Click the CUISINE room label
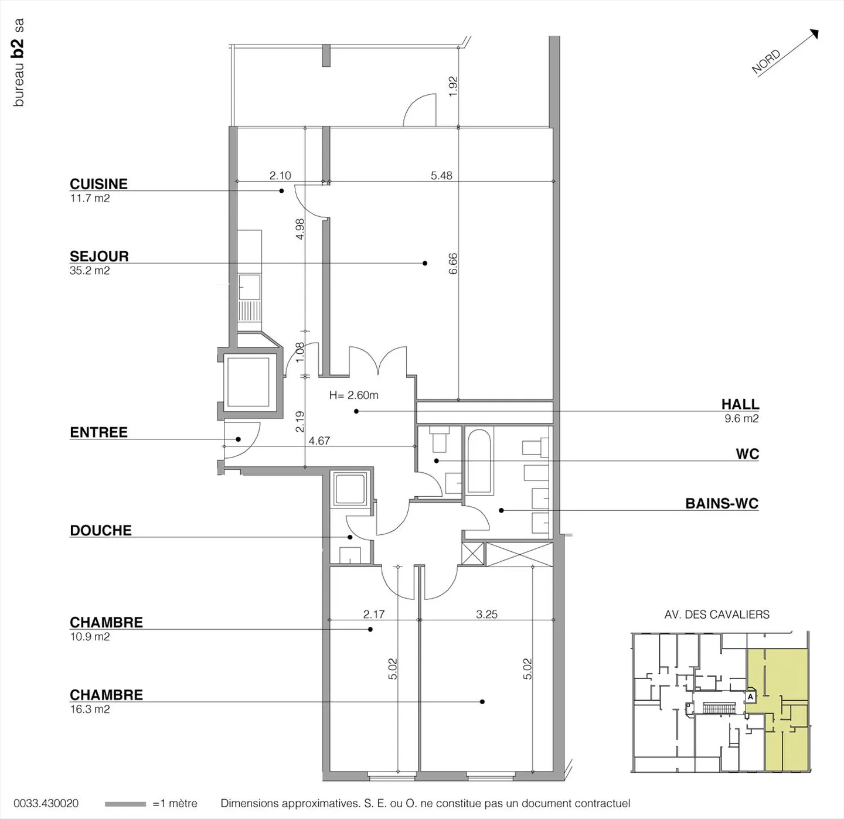pyautogui.click(x=99, y=184)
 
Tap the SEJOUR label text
pyautogui.click(x=99, y=256)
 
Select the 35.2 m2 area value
pyautogui.click(x=90, y=271)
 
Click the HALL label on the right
pyautogui.click(x=740, y=404)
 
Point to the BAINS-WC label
pyautogui.click(x=722, y=503)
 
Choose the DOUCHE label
pyautogui.click(x=101, y=530)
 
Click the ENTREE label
pyautogui.click(x=99, y=432)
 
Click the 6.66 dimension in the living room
pyautogui.click(x=452, y=264)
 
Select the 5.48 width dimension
pyautogui.click(x=441, y=176)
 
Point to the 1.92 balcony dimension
pyautogui.click(x=452, y=86)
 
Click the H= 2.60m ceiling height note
pyautogui.click(x=353, y=395)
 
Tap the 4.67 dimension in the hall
pyautogui.click(x=319, y=441)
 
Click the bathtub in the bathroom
pyautogui.click(x=479, y=461)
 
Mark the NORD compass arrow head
pyautogui.click(x=814, y=33)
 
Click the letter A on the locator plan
pyautogui.click(x=751, y=697)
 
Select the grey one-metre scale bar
pyautogui.click(x=125, y=804)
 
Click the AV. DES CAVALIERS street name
pyautogui.click(x=717, y=615)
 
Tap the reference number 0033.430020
pyautogui.click(x=46, y=803)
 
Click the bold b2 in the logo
pyautogui.click(x=18, y=49)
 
